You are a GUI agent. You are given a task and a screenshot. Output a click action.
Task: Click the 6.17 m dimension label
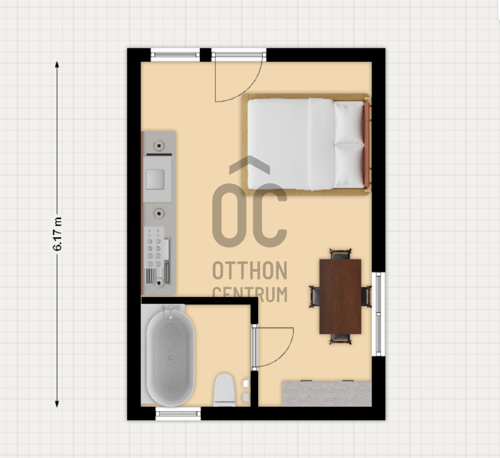click(58, 234)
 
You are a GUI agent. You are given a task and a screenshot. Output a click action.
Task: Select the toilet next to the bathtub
click(224, 390)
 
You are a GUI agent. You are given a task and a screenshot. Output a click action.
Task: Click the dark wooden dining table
click(340, 296)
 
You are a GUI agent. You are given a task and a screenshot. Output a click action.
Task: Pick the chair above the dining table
click(340, 254)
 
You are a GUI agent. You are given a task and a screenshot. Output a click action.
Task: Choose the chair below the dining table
click(340, 339)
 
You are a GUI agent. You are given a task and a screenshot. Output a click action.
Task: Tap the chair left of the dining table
click(315, 296)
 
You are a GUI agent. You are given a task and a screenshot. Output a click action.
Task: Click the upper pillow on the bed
click(349, 123)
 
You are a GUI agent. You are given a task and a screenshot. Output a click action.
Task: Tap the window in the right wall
click(379, 314)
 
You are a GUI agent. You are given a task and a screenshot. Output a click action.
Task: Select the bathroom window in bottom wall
click(178, 414)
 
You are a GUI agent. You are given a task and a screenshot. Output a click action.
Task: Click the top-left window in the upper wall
click(175, 54)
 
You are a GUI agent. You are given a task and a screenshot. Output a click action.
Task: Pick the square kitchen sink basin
click(155, 179)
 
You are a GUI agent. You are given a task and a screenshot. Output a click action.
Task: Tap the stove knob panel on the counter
click(154, 247)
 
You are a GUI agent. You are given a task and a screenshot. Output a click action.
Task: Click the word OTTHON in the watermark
click(250, 270)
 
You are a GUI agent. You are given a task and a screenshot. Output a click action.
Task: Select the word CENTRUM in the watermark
click(250, 295)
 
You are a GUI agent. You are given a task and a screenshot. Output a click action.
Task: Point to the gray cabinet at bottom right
click(327, 394)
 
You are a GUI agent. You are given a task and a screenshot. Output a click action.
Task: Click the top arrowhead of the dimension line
click(57, 65)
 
